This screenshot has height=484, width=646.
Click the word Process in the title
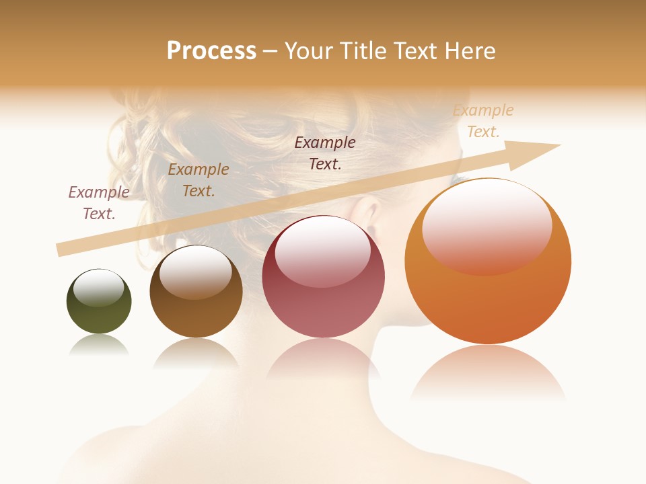point(211,50)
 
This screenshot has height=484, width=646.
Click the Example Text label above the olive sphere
point(99,202)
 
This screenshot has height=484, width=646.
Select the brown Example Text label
point(199,179)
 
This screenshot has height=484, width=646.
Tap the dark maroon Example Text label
point(325,153)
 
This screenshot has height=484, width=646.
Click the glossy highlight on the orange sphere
point(487,225)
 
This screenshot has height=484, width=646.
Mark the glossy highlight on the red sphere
point(323,250)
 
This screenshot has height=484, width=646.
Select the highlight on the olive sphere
point(99,287)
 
